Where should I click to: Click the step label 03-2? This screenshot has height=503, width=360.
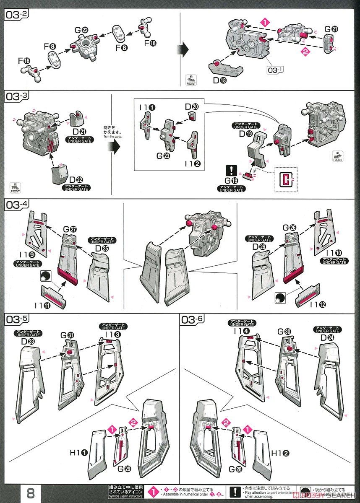pos(17,15)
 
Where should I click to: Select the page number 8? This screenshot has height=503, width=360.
pos(31,493)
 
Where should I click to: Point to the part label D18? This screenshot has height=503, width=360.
pos(219,80)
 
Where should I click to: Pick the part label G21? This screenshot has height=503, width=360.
pos(331,30)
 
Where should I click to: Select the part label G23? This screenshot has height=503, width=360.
pos(162,155)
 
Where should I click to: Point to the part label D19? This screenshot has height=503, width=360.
pos(245,134)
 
